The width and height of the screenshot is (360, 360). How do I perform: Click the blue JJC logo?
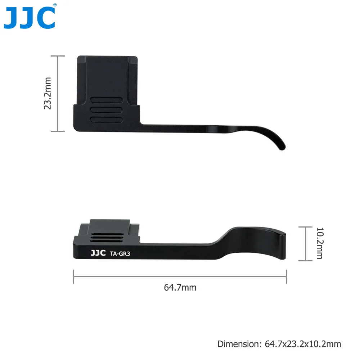[x=30, y=18]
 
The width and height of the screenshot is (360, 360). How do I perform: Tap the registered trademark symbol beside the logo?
[x=55, y=5]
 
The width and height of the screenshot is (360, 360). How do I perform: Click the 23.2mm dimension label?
[x=48, y=94]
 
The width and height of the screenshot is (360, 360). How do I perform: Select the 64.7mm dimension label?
[x=180, y=287]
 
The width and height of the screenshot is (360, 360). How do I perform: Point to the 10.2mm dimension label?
[x=320, y=243]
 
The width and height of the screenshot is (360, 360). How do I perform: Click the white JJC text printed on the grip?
[x=98, y=253]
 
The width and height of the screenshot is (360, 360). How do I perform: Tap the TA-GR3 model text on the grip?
[x=120, y=254]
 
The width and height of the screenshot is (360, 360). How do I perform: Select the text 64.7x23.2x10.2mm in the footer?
[x=303, y=344]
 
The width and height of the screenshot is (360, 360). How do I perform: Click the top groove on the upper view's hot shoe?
[x=107, y=100]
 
